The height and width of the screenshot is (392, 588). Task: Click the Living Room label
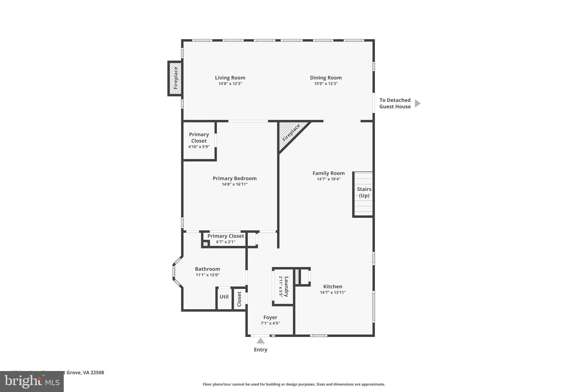(x=230, y=78)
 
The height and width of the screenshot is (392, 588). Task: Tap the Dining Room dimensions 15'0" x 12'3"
(x=326, y=84)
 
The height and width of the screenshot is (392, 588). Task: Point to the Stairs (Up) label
(x=364, y=192)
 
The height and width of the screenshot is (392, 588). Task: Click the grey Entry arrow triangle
(x=260, y=341)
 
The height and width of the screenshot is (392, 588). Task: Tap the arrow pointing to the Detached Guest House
(x=417, y=103)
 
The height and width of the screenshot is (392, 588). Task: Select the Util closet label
(x=224, y=297)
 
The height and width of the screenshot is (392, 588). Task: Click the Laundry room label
(x=286, y=286)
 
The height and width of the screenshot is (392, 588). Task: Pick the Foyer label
(x=270, y=317)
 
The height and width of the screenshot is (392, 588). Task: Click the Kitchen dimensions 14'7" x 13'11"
(x=332, y=292)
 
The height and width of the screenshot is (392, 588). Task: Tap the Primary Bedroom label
(x=235, y=178)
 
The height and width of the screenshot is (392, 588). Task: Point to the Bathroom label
(x=207, y=269)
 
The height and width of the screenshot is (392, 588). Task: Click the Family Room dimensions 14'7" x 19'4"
(x=328, y=179)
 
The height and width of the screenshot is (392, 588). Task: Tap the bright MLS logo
(x=32, y=381)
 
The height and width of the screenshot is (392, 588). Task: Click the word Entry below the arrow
(x=260, y=349)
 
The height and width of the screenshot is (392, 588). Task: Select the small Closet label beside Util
(x=239, y=299)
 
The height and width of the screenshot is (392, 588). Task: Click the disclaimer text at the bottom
(x=294, y=384)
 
